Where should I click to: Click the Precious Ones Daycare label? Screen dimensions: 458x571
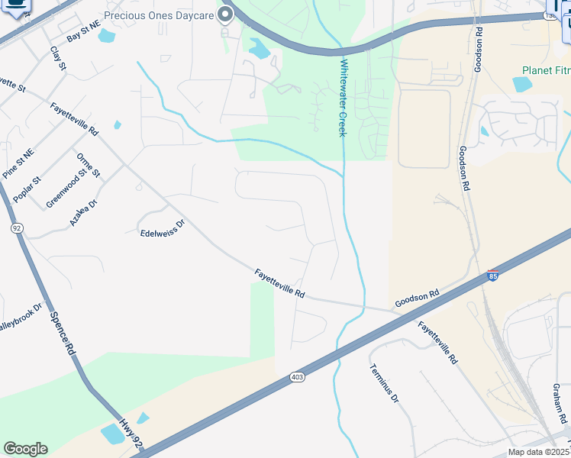[158, 15]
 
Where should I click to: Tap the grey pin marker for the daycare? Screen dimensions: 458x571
[225, 15]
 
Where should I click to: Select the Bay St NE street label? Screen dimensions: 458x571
[83, 31]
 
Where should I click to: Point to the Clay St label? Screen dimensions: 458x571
[59, 59]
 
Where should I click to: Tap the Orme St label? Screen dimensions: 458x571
[89, 165]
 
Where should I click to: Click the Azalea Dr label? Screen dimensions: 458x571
[84, 212]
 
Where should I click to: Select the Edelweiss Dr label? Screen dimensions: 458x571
[163, 229]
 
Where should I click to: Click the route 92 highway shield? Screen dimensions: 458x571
[16, 227]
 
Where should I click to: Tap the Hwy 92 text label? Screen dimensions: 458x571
[131, 432]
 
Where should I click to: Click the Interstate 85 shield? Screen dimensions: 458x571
[493, 276]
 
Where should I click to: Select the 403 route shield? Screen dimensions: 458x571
[297, 377]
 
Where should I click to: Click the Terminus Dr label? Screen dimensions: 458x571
[384, 383]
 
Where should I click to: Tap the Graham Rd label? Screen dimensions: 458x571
[558, 403]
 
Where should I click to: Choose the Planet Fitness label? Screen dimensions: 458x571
[546, 70]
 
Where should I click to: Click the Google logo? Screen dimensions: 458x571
[25, 449]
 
